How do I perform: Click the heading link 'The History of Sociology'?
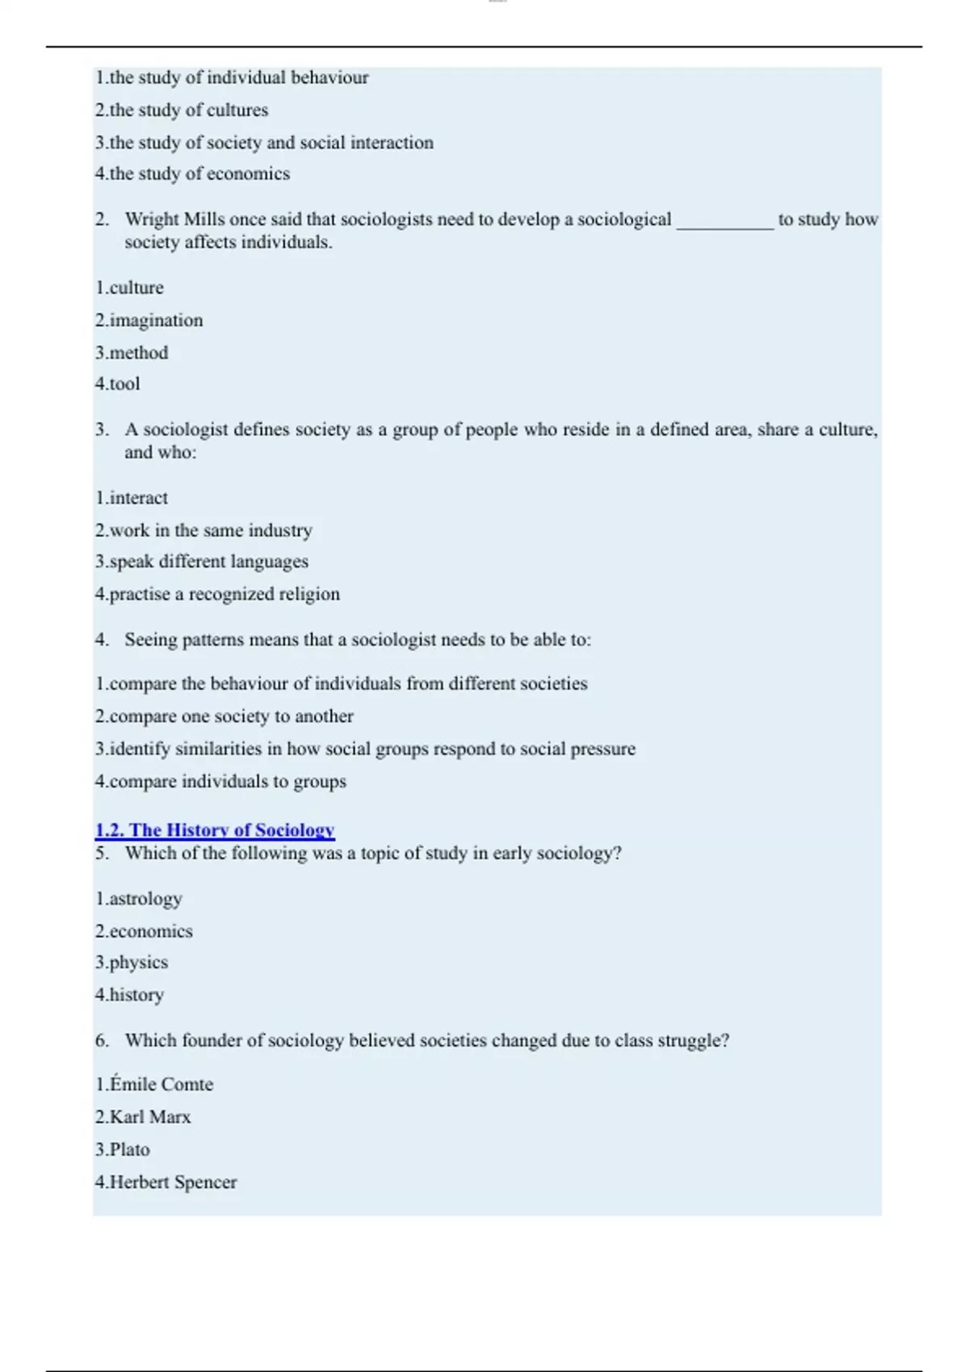[x=215, y=830]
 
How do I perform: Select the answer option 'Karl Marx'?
[x=143, y=1117]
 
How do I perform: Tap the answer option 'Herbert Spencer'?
[x=166, y=1182]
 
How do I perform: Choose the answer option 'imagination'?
[x=149, y=320]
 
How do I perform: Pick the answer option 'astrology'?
[x=139, y=898]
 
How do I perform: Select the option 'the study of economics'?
[x=192, y=174]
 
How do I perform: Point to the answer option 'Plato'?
[x=123, y=1149]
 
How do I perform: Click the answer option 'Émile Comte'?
[x=154, y=1085]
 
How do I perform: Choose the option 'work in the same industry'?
[x=203, y=530]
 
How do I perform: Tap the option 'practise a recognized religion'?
[x=217, y=594]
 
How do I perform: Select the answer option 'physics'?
[x=132, y=962]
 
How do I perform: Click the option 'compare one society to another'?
[x=224, y=716]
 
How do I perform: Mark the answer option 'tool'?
[x=118, y=384]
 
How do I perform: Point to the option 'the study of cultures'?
[x=182, y=110]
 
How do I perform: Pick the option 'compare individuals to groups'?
[x=220, y=781]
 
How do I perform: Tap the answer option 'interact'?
[x=132, y=498]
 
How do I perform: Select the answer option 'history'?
[x=129, y=994]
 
